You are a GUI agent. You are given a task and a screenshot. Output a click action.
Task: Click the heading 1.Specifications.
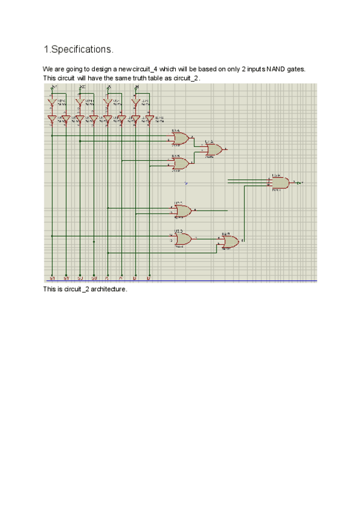[78, 48]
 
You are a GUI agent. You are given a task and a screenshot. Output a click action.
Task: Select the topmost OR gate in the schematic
[180, 139]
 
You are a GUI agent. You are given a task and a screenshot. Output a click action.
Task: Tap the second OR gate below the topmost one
[180, 163]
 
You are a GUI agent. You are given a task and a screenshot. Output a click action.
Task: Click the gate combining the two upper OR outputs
[213, 149]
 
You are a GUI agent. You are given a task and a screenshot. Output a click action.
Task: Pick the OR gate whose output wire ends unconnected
[182, 211]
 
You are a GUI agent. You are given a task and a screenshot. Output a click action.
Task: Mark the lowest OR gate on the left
[182, 239]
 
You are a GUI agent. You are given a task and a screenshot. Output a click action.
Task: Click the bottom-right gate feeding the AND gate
[229, 242]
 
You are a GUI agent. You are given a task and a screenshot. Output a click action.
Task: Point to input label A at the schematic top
[109, 87]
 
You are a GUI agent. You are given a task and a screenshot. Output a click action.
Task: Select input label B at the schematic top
[137, 87]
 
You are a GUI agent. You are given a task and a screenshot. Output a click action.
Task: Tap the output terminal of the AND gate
[300, 182]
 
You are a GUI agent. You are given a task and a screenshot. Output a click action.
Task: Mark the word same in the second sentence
[124, 78]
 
